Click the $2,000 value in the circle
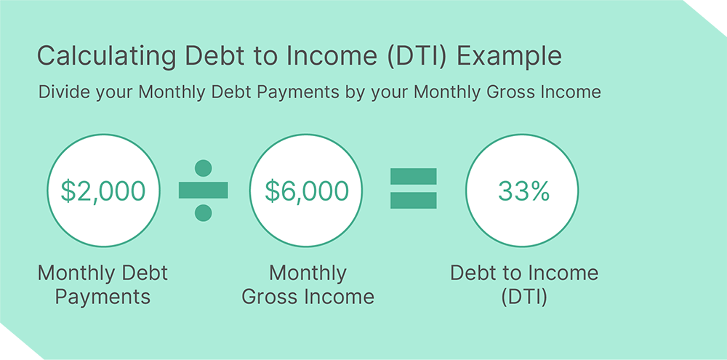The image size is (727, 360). coord(103,191)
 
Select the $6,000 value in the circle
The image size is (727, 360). coord(307,191)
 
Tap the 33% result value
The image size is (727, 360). coord(522,191)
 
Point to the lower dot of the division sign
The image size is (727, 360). coord(204,213)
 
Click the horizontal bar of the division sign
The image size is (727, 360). coord(204,191)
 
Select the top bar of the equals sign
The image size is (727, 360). coord(414,176)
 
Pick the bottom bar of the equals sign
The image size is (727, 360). coord(414,201)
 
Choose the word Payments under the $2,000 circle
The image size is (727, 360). coord(103,297)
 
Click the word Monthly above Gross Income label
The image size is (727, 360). coord(308,273)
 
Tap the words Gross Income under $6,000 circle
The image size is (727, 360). coord(308,297)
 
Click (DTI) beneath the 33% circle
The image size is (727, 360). coord(523,297)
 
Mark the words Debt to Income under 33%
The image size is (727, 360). coord(523,273)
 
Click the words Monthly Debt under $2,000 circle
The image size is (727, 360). coord(103,273)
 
